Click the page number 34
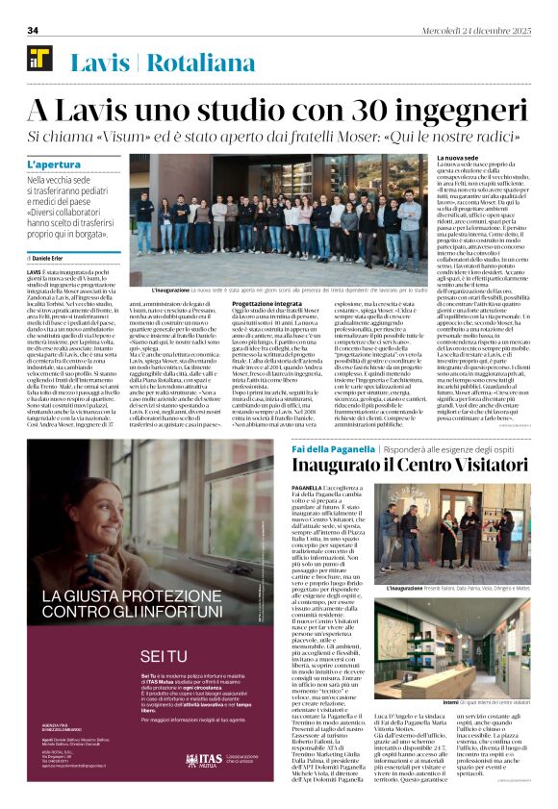pyautogui.click(x=32, y=30)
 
